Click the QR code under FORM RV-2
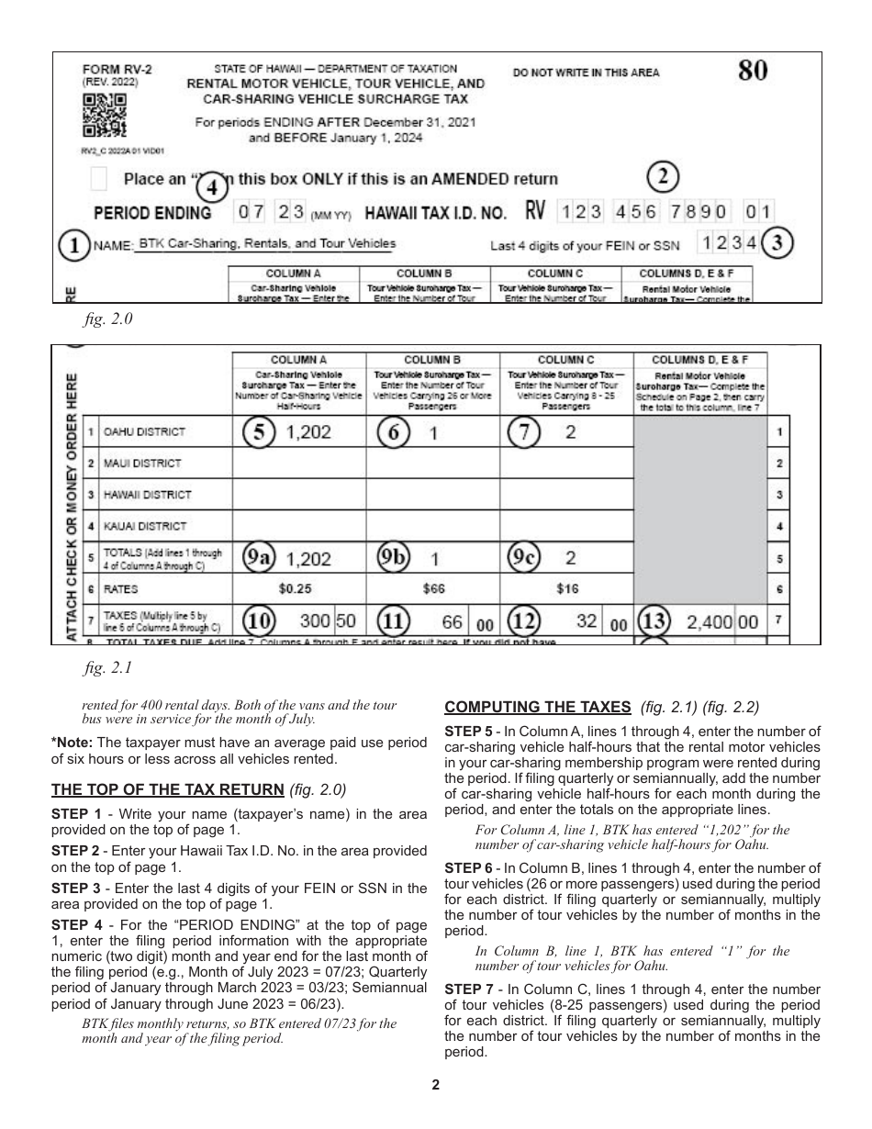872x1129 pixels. tap(105, 115)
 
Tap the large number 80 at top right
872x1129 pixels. tap(752, 72)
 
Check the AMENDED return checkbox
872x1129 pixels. tap(101, 178)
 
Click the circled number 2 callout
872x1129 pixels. tap(665, 176)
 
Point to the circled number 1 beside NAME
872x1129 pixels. tap(73, 246)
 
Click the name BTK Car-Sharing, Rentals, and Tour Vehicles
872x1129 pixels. tap(266, 243)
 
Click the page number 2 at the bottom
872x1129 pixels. tap(436, 1085)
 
